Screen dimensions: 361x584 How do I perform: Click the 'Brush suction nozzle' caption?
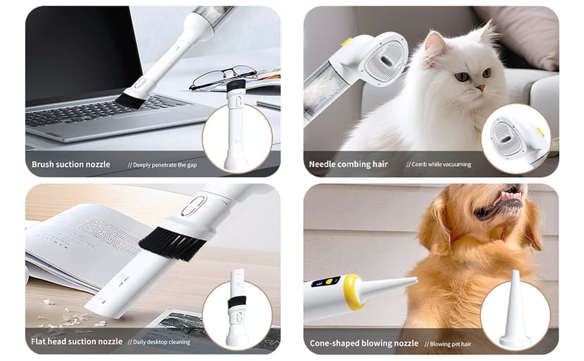71,164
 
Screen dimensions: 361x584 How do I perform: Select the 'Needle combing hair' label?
348,164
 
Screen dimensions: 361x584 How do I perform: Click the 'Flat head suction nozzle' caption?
77,342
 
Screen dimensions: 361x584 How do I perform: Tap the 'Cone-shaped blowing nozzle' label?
364,343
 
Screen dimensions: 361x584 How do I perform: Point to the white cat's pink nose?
480,87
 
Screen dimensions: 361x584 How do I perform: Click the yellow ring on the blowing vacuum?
350,291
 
